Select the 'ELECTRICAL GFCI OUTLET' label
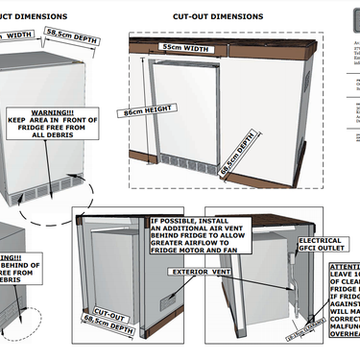click(x=320, y=244)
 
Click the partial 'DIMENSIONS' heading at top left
click(x=34, y=16)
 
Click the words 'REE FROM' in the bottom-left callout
click(x=13, y=275)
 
